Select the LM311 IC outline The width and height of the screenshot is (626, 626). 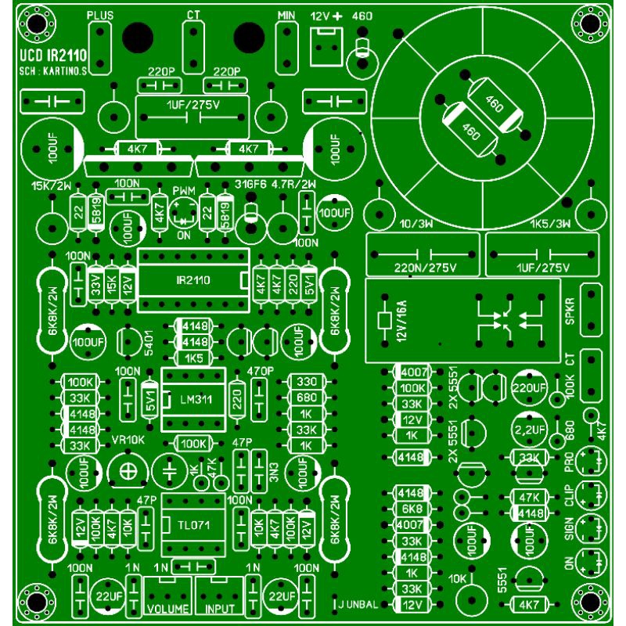(194, 400)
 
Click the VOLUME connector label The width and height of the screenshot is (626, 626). (167, 607)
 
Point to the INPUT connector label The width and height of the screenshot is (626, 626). (220, 607)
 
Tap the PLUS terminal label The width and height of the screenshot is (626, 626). (99, 15)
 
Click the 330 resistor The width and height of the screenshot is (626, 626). (306, 381)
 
